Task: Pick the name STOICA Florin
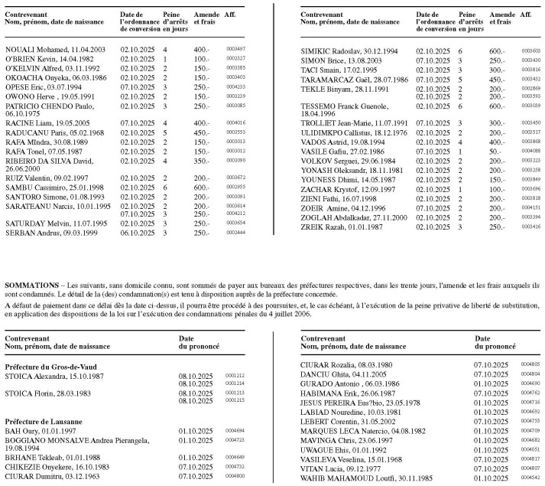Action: (x=31, y=393)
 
